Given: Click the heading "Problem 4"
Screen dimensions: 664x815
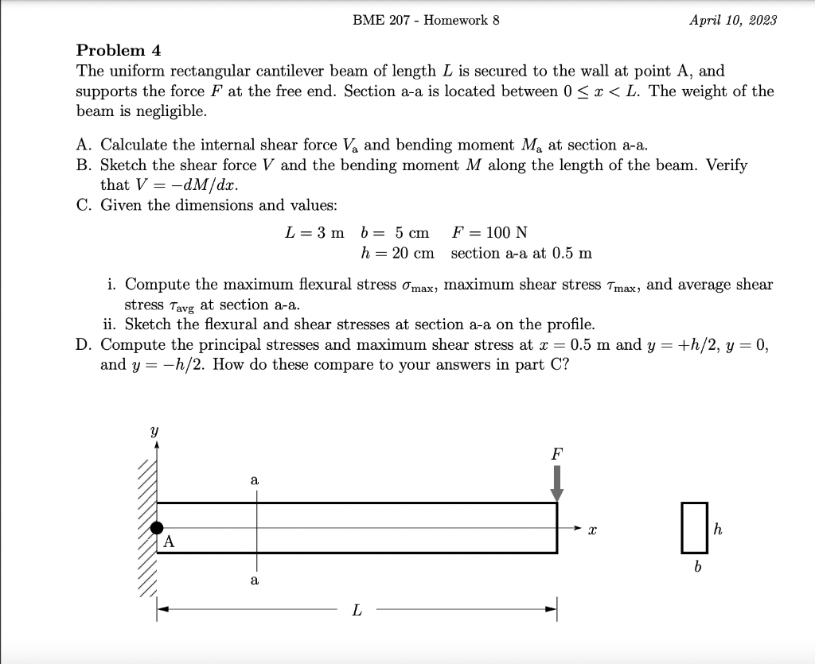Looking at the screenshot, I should click(x=119, y=50).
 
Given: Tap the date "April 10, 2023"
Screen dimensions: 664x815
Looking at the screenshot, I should click(x=733, y=20).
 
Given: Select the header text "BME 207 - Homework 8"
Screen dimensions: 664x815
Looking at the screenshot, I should click(x=426, y=20).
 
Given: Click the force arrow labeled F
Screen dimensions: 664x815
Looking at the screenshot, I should click(x=557, y=482).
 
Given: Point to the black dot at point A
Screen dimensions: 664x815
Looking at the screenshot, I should click(x=158, y=527).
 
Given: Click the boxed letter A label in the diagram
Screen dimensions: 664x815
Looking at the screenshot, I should click(x=169, y=542).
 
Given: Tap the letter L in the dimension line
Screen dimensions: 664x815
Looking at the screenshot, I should click(x=357, y=611).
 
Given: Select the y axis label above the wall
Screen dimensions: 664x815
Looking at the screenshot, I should click(x=156, y=431).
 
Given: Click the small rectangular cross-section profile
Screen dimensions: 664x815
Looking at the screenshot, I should click(x=694, y=527).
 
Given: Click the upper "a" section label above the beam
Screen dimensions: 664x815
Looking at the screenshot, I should click(x=254, y=480).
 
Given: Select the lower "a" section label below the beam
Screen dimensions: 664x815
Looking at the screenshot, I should click(x=254, y=581).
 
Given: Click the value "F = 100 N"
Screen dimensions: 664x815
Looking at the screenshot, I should click(x=489, y=232).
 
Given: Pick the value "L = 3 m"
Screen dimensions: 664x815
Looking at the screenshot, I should click(x=314, y=232).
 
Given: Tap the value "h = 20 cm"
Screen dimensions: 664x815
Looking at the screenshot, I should click(x=397, y=253).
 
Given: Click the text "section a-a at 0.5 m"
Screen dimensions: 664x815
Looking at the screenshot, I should click(x=521, y=253).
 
